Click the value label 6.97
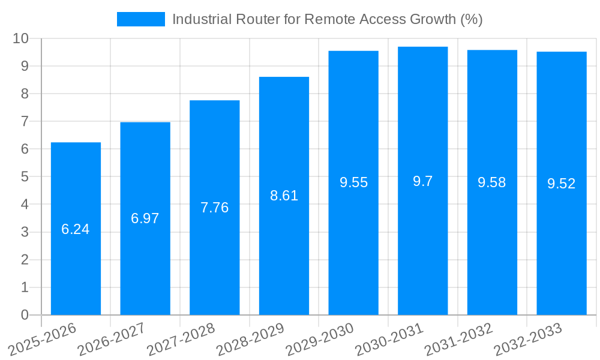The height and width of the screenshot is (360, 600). [x=145, y=218]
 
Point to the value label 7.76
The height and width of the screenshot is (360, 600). [x=214, y=208]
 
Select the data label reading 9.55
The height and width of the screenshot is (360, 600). [x=353, y=183]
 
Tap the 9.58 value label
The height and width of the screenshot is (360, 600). [x=492, y=183]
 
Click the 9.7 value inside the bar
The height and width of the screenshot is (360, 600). [x=422, y=181]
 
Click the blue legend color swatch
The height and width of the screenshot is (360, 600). [x=140, y=19]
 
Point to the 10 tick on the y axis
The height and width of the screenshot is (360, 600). [x=21, y=38]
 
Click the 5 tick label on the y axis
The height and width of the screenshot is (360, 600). [x=25, y=177]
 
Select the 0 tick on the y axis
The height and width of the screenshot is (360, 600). [x=25, y=315]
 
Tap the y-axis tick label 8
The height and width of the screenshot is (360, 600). [x=25, y=94]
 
